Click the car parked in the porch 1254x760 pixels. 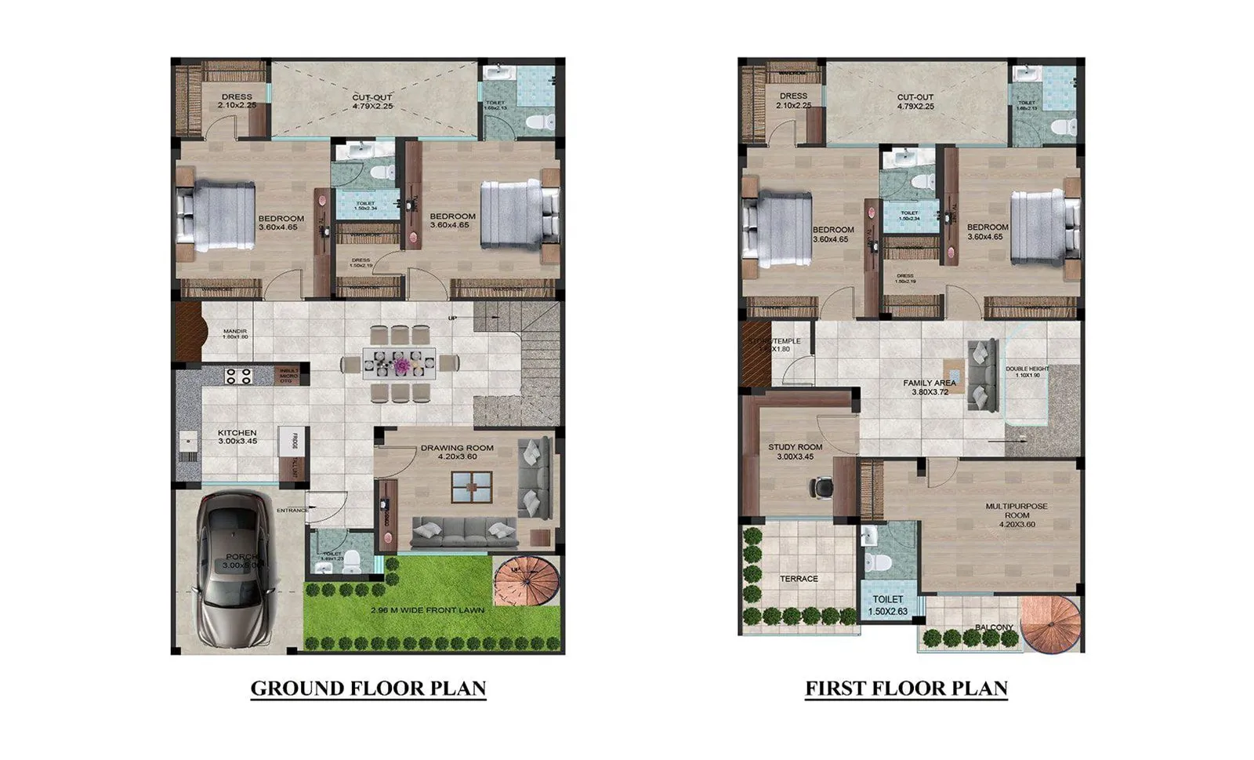(234, 568)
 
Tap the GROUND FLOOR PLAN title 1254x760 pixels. (368, 689)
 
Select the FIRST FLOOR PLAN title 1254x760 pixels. (907, 689)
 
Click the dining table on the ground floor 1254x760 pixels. (399, 364)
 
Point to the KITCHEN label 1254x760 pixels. (237, 433)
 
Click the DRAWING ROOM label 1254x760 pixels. (457, 449)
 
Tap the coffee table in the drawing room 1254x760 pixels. (472, 487)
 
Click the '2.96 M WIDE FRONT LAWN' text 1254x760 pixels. (427, 610)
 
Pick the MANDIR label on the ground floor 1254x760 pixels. (235, 332)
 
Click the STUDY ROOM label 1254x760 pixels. (795, 447)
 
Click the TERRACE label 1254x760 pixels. (799, 579)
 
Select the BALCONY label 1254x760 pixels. (994, 627)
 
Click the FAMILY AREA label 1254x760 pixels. (930, 384)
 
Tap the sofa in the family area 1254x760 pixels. (981, 374)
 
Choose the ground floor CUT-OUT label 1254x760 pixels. (372, 98)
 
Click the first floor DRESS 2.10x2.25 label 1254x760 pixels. (794, 96)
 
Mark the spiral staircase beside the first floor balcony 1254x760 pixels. (1051, 624)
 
